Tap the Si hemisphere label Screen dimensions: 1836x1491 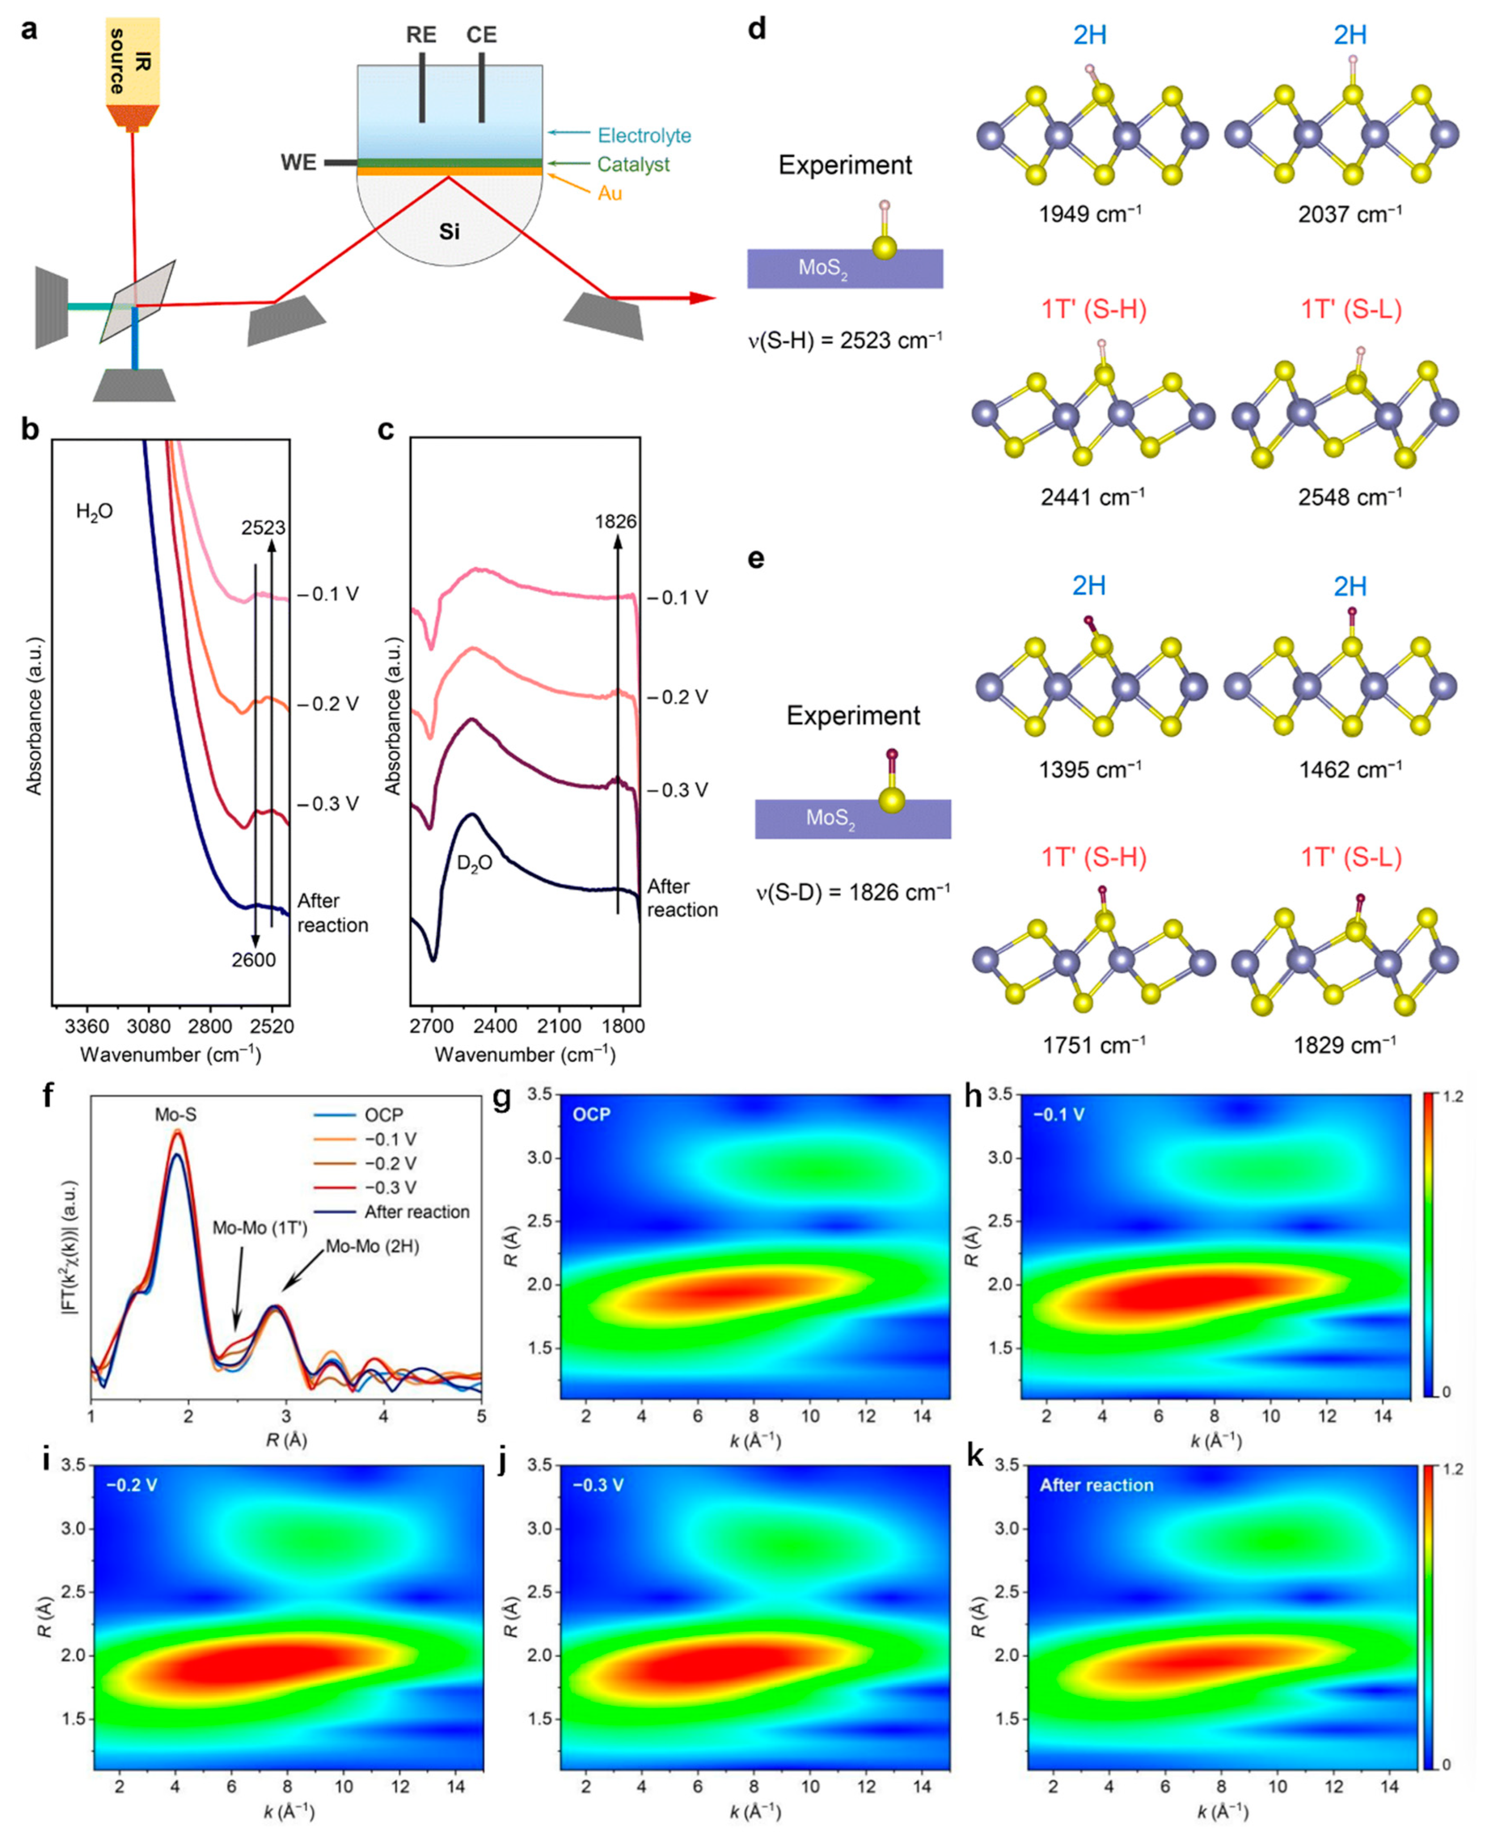pos(449,231)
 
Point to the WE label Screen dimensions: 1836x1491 pos(298,162)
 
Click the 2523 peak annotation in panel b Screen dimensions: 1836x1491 pos(263,527)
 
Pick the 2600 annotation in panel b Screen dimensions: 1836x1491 pos(253,959)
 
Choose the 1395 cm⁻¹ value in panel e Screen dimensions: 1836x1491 pos(1090,770)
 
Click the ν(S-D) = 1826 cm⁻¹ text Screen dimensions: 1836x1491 pos(852,892)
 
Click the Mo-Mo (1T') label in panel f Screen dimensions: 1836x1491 pos(259,1228)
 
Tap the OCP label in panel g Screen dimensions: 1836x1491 pos(592,1115)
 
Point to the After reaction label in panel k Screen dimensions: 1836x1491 pos(1096,1485)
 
